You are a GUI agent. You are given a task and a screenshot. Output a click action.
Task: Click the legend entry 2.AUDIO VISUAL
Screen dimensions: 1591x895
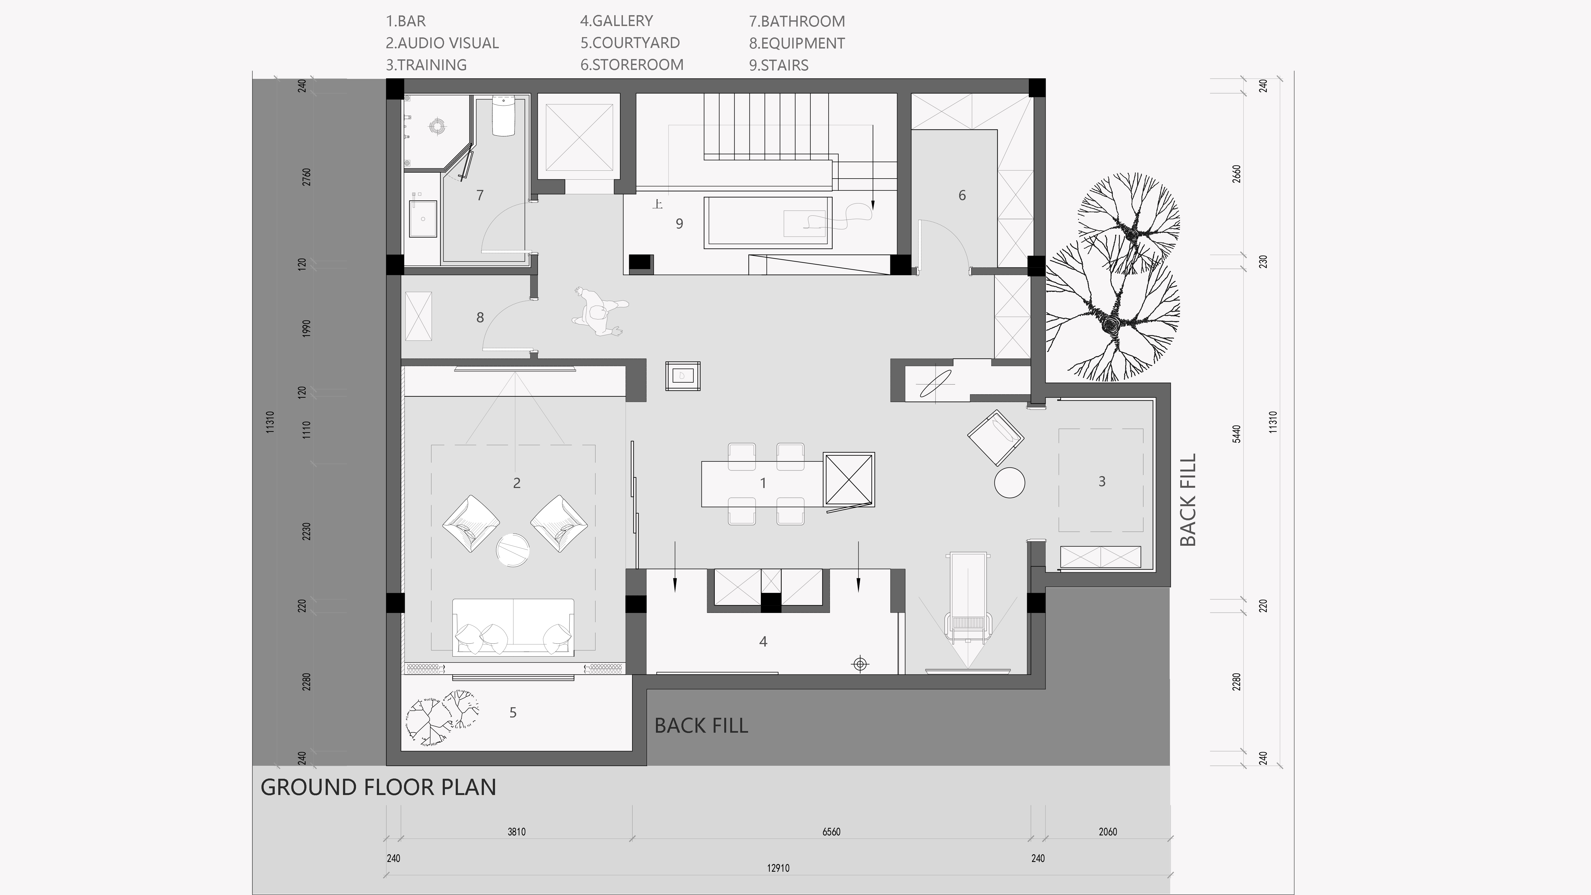coord(442,43)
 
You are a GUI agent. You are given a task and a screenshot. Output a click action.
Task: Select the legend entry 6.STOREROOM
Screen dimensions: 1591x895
coord(632,65)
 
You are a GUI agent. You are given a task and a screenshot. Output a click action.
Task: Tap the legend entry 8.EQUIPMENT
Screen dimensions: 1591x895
coord(797,43)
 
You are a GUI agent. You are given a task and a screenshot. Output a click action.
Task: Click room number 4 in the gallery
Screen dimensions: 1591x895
coord(763,642)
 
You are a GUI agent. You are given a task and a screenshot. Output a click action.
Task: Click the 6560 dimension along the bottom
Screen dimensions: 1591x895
coord(831,832)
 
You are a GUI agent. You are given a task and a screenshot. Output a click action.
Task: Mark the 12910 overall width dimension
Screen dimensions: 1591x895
coord(778,868)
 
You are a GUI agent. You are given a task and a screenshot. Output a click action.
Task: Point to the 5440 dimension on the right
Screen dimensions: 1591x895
coord(1236,434)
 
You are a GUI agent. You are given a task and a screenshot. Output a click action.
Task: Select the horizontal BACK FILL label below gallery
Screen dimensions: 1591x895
coord(701,726)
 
